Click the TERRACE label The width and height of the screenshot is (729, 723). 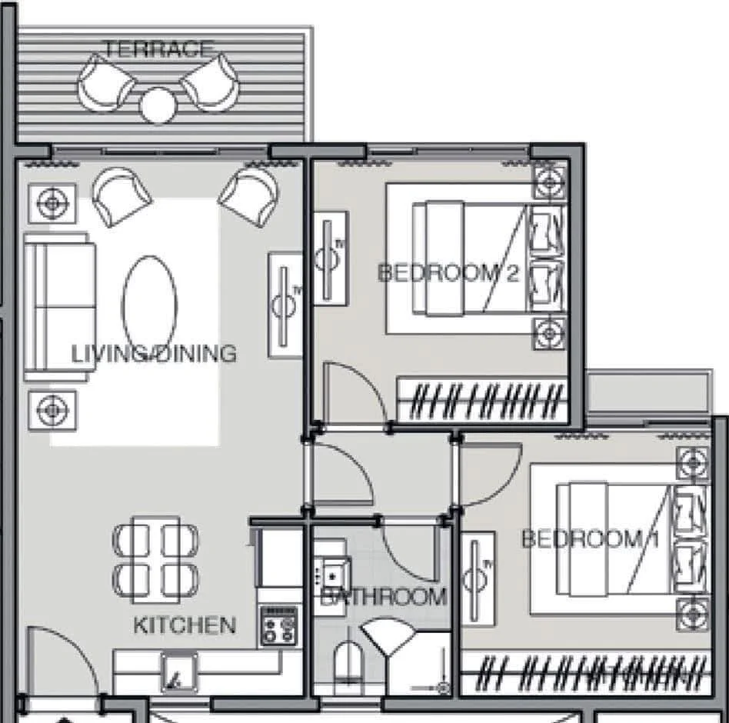coord(158,48)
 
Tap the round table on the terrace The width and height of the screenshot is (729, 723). coord(158,105)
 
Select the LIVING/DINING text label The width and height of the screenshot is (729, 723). coord(154,354)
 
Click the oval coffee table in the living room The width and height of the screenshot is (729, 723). coord(150,305)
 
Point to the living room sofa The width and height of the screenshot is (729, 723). coord(59,308)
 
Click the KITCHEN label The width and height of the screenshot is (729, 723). coord(185,625)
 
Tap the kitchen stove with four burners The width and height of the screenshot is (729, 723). coord(279,626)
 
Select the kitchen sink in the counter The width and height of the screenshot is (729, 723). coord(179,673)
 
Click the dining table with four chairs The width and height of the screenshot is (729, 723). coord(155,560)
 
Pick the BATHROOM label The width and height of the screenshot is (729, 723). coord(384,597)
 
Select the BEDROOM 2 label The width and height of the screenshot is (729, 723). coord(448,273)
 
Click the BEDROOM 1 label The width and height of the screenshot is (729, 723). coord(591,539)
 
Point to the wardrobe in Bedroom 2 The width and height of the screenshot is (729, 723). coord(483,400)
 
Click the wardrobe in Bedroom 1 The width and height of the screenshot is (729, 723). coord(586,674)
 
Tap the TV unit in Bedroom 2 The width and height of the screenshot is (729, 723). coord(331,258)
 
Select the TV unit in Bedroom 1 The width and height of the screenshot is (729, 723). coord(478,579)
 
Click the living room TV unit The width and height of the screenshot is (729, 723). coord(285,305)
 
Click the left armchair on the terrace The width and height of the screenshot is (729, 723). coord(105,84)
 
